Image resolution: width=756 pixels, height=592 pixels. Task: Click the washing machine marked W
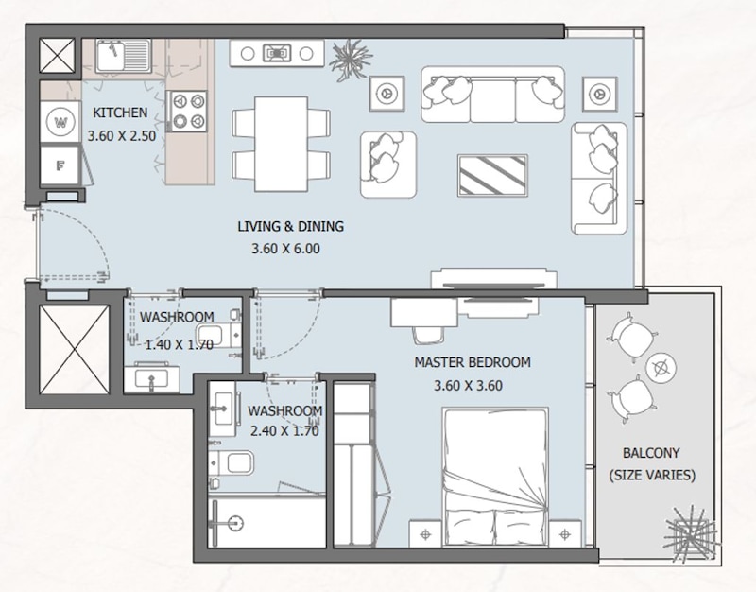(x=60, y=122)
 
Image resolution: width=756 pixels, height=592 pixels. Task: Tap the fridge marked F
(x=60, y=165)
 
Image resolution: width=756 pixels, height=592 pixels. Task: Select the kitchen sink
(x=124, y=56)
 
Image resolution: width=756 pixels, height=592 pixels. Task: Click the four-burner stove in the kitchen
(x=187, y=111)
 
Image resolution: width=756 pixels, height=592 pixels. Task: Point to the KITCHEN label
(x=120, y=113)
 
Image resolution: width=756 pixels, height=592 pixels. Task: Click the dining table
(x=281, y=144)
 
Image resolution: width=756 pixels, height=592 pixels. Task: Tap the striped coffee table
(x=492, y=175)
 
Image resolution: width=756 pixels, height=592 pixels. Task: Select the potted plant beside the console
(x=350, y=59)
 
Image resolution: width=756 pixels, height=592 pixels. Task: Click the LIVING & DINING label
(x=291, y=226)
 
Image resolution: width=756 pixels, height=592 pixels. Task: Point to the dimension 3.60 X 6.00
(x=286, y=249)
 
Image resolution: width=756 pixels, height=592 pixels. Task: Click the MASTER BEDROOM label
(x=472, y=362)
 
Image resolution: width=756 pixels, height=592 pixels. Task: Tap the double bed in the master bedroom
(x=495, y=477)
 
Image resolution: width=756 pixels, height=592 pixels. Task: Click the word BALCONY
(x=651, y=453)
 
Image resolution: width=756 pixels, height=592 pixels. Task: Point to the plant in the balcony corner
(x=692, y=534)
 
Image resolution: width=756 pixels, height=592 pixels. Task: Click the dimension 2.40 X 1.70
(x=284, y=430)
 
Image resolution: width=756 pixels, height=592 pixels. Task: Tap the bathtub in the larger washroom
(x=267, y=523)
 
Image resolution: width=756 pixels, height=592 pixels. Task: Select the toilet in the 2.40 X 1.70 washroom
(x=232, y=462)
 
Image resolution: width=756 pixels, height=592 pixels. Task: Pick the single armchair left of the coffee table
(x=388, y=164)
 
